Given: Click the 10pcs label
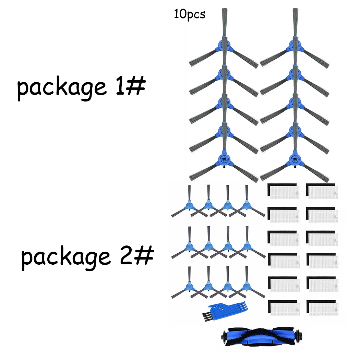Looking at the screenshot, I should tap(190, 14).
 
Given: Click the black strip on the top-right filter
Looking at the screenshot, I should tap(320, 185).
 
